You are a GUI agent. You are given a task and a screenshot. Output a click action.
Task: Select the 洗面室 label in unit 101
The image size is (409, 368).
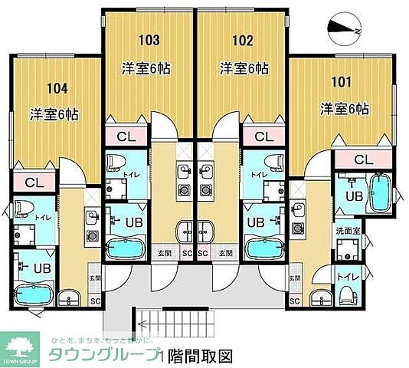[x=349, y=230]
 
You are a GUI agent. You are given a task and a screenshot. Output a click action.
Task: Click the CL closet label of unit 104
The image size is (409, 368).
[x=33, y=183]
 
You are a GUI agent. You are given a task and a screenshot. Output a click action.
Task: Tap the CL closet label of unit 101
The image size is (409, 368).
[x=364, y=159]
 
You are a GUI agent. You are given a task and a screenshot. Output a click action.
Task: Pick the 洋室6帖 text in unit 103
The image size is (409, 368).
[x=146, y=68]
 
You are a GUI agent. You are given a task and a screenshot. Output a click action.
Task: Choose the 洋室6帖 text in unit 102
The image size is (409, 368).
[x=244, y=68]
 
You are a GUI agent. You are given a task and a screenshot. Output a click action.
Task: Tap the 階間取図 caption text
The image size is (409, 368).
[x=199, y=355]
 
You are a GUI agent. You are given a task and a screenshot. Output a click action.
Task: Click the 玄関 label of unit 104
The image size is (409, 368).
[x=94, y=278]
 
